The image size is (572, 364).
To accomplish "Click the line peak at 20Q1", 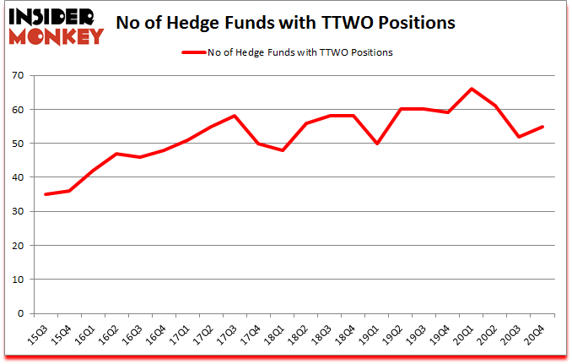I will (x=472, y=89).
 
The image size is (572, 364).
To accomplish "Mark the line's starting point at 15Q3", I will (x=46, y=194).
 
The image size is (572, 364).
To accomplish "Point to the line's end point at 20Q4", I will (x=542, y=127).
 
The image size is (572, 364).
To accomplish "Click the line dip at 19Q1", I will (x=376, y=144).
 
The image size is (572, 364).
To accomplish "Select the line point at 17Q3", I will (x=235, y=116).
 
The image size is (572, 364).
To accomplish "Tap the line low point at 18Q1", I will (x=282, y=150).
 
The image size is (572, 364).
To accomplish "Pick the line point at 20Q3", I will (x=518, y=137).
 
